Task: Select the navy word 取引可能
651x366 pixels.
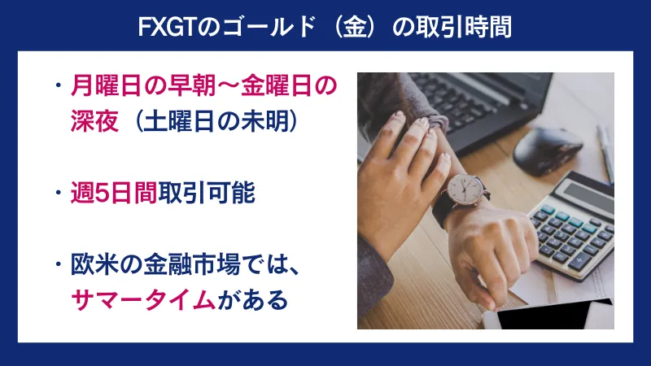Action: coord(208,194)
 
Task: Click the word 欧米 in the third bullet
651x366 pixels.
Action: coord(94,264)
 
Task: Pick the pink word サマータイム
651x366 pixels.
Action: coord(143,302)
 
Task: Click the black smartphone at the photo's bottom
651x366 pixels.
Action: coord(553,316)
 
